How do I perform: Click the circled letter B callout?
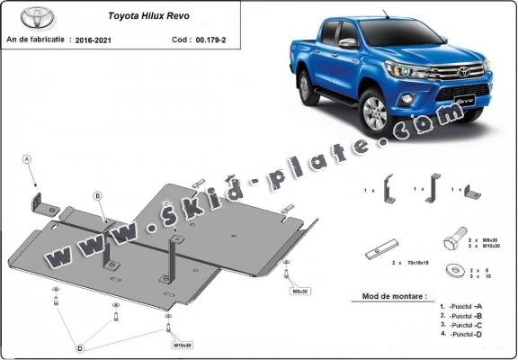[x=98, y=194]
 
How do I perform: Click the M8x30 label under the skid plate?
[x=298, y=291]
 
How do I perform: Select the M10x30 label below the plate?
[x=182, y=344]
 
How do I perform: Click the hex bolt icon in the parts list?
[x=451, y=243]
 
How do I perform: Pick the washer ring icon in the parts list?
[x=450, y=269]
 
